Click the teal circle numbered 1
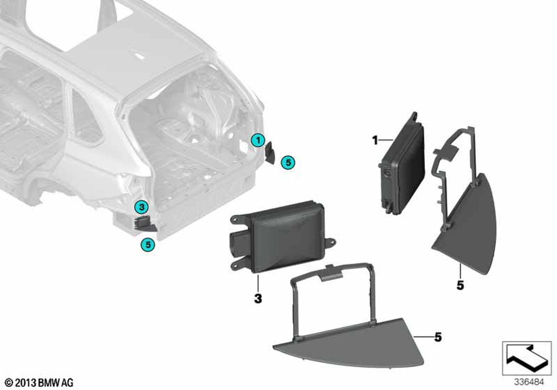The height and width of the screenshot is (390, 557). tap(258, 140)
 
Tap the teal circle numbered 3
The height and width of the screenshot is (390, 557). tap(141, 207)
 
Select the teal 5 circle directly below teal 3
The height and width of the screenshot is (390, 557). tap(148, 245)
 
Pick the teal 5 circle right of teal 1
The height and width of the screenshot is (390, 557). tap(288, 163)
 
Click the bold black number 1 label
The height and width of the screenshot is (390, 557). tap(375, 140)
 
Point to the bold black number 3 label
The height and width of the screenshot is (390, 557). tap(258, 299)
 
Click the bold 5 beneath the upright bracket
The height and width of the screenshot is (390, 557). tap(461, 285)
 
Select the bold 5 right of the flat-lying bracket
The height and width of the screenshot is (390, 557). tap(438, 337)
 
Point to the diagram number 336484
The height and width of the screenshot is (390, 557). tap(529, 382)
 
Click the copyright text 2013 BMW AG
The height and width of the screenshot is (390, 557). tap(40, 383)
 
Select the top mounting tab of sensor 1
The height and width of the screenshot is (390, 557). tap(414, 117)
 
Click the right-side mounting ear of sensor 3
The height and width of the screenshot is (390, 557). tap(330, 243)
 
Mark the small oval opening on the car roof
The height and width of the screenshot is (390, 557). tap(139, 55)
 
